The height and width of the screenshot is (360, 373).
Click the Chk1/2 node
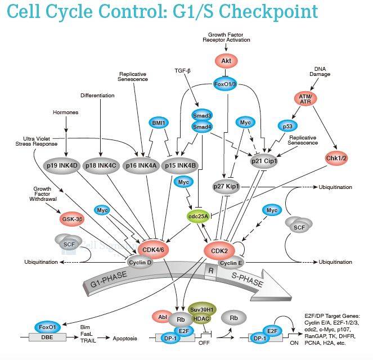337,158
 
